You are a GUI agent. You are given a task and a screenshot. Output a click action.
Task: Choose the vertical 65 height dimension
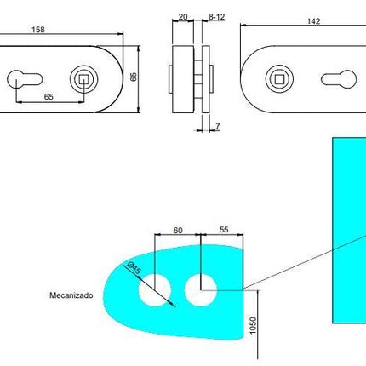(x=133, y=77)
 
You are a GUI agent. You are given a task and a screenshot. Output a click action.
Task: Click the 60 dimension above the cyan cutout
(x=177, y=231)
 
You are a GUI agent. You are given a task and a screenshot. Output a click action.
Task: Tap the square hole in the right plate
(x=282, y=79)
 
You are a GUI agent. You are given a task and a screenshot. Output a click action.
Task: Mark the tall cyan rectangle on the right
(x=346, y=230)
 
